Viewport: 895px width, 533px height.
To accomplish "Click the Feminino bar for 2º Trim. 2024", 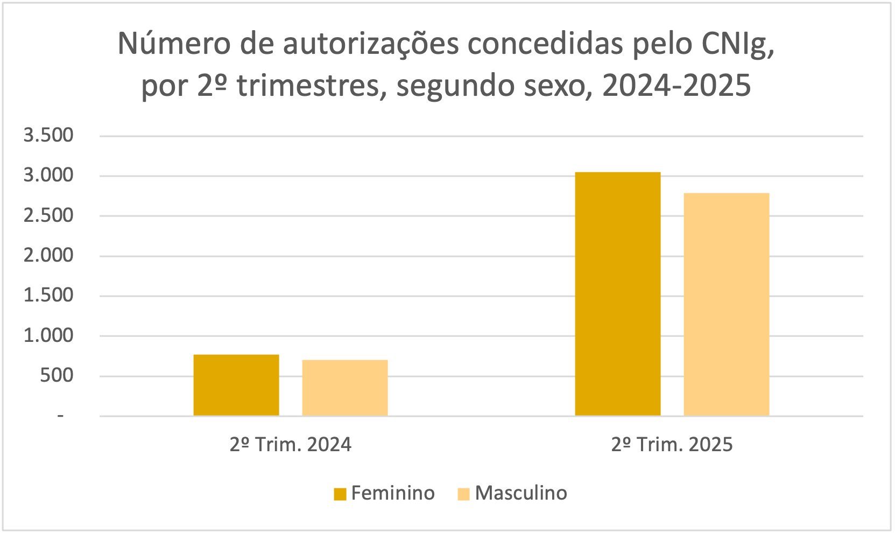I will tap(236, 385).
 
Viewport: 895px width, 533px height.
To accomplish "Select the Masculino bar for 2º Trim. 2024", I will tap(345, 388).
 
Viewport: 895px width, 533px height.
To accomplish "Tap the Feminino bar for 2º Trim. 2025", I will tap(618, 294).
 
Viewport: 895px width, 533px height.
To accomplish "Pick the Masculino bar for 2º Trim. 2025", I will tap(727, 304).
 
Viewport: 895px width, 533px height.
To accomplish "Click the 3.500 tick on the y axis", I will tap(48, 135).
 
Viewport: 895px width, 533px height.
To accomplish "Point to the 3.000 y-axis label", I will tap(48, 175).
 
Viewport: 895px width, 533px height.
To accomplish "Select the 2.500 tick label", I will tap(48, 215).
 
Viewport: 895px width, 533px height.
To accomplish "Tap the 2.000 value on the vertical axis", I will tap(48, 255).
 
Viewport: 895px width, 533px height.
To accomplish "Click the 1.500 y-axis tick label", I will tap(48, 295).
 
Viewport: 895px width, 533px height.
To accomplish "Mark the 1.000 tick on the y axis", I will tap(48, 335).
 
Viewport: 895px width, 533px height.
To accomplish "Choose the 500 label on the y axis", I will tap(57, 375).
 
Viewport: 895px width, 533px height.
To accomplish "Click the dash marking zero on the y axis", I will tap(60, 416).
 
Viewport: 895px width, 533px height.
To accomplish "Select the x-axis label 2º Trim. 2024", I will tap(291, 445).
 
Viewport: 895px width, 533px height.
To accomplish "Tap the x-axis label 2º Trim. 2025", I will tap(672, 445).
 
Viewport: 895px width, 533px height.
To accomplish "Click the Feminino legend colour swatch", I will tap(340, 494).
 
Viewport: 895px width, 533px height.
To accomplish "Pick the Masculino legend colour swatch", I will tap(463, 494).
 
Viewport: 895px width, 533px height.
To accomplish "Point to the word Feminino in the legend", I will tap(393, 493).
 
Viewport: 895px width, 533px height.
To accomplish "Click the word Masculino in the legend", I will tap(521, 493).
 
